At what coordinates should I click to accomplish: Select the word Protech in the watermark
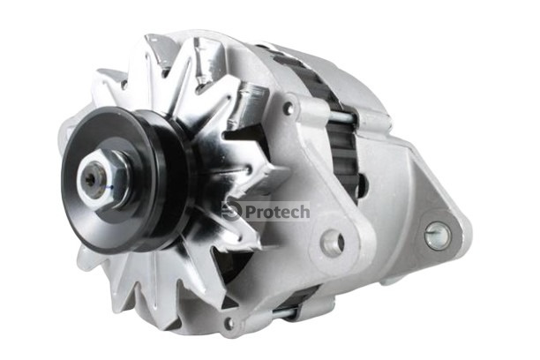click(277, 212)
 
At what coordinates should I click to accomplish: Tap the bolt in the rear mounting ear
click(438, 234)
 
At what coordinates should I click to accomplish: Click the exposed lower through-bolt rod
click(284, 312)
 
